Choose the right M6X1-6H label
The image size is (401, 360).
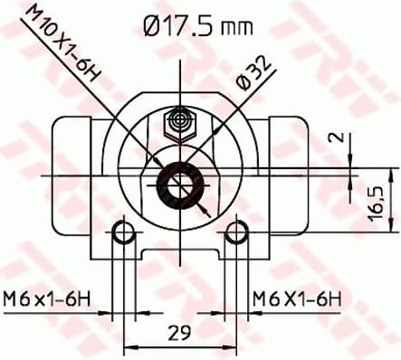(x=296, y=298)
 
